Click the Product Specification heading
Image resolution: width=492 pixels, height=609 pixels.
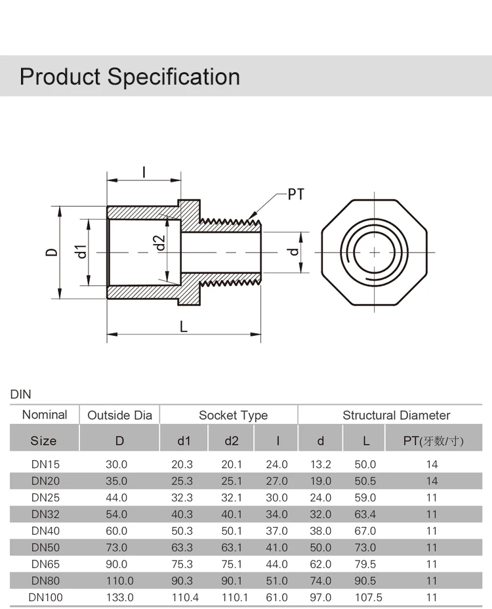(130, 77)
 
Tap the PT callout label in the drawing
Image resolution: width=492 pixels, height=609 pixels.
(297, 194)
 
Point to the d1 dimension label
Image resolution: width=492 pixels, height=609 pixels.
(81, 252)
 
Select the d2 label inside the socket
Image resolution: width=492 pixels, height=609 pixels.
(159, 243)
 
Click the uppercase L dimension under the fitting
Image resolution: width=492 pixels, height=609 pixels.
(184, 326)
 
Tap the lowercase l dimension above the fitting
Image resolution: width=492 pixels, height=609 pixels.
(144, 172)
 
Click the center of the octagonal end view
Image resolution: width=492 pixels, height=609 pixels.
(375, 252)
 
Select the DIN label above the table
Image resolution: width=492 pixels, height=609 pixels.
(21, 394)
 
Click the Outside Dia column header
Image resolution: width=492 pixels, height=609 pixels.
(119, 415)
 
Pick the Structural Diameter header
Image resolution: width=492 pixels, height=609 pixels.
(396, 415)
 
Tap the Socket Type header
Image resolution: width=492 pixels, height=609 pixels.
(233, 415)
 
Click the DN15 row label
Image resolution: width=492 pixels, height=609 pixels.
(45, 464)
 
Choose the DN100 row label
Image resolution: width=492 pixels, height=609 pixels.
(45, 597)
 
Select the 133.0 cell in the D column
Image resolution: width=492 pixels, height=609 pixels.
(119, 597)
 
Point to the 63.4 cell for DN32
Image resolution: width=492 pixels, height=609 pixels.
(366, 514)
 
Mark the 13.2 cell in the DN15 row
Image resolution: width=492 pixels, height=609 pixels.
(321, 464)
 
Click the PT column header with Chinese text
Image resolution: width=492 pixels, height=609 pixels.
(432, 441)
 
